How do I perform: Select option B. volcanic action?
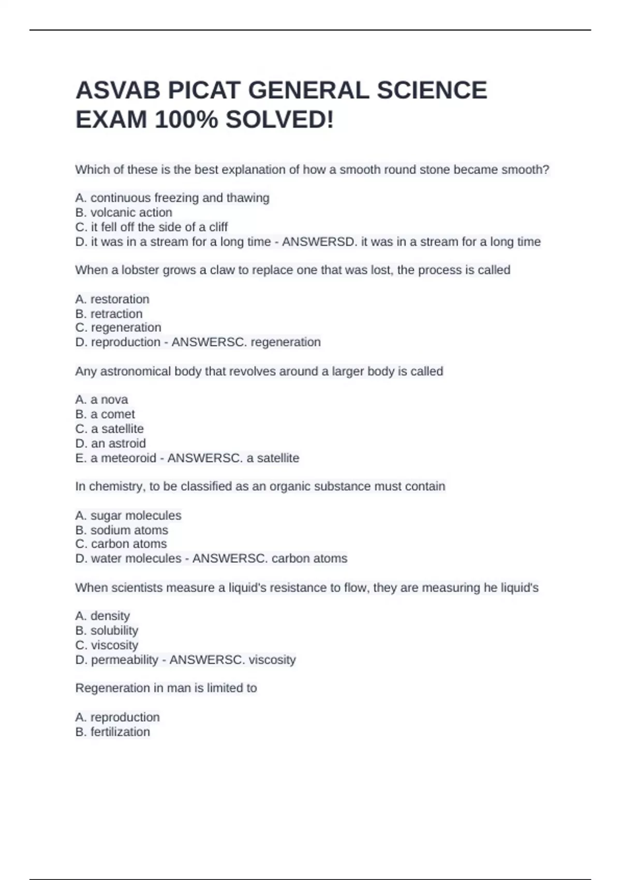124,212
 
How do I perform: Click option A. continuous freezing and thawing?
172,198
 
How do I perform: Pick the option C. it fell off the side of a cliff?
152,227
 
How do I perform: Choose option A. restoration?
112,299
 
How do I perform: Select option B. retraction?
109,314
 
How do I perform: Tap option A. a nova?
101,400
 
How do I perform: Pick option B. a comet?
105,414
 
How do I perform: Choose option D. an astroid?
111,443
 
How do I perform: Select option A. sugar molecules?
128,516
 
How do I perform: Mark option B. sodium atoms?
122,530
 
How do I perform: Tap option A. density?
102,616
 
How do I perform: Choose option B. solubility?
107,630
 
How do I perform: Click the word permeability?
124,659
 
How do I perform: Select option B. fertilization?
113,732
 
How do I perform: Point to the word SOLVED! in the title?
279,120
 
